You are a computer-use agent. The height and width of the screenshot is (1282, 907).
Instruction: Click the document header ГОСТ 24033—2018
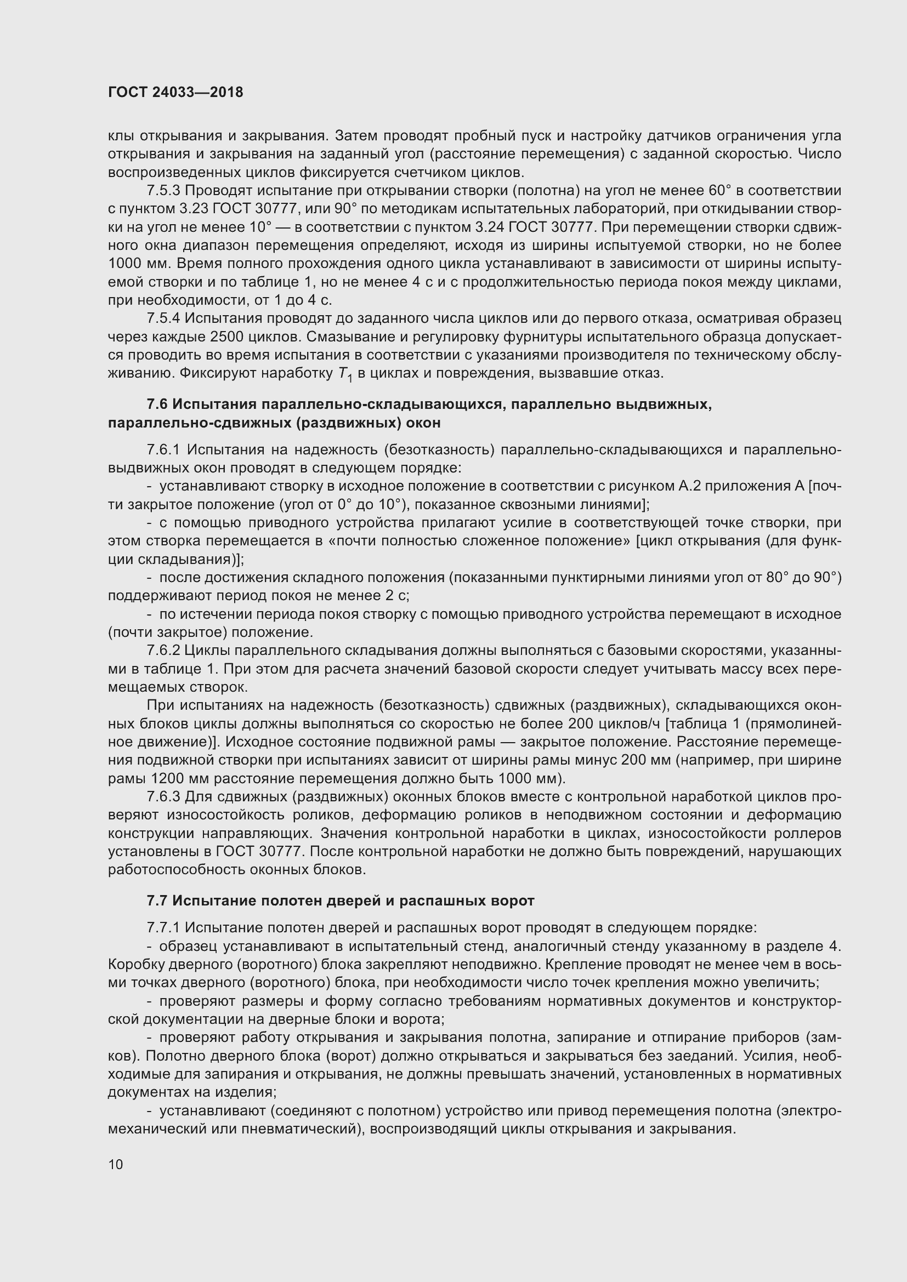[175, 92]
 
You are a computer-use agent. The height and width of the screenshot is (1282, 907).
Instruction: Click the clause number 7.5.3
[163, 191]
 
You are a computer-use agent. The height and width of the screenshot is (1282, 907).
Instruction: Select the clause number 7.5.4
[163, 319]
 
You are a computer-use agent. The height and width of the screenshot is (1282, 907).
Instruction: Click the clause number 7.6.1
[164, 450]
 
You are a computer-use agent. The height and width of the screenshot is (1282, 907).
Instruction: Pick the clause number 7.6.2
[163, 651]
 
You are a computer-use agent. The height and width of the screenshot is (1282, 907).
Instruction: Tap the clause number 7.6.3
[163, 797]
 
